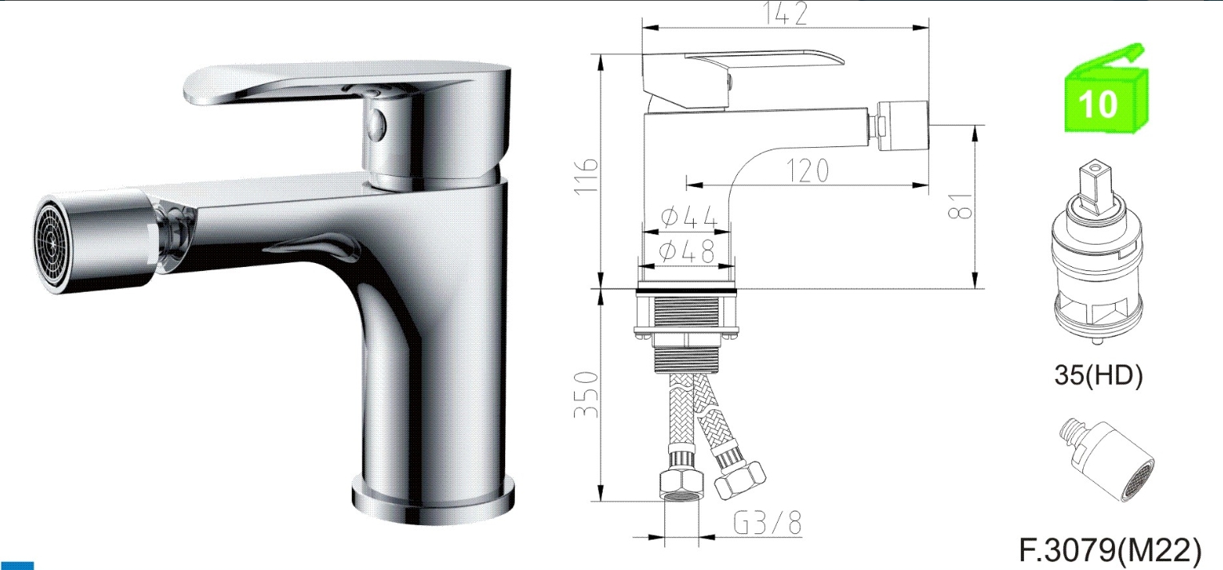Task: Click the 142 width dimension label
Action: point(786,13)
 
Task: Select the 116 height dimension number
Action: point(586,175)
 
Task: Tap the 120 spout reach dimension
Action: point(807,170)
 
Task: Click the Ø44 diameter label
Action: point(688,217)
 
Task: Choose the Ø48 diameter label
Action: point(687,252)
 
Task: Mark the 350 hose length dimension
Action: point(586,394)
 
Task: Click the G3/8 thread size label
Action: point(767,523)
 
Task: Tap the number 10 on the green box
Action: point(1098,104)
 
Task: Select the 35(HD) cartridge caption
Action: point(1098,375)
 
